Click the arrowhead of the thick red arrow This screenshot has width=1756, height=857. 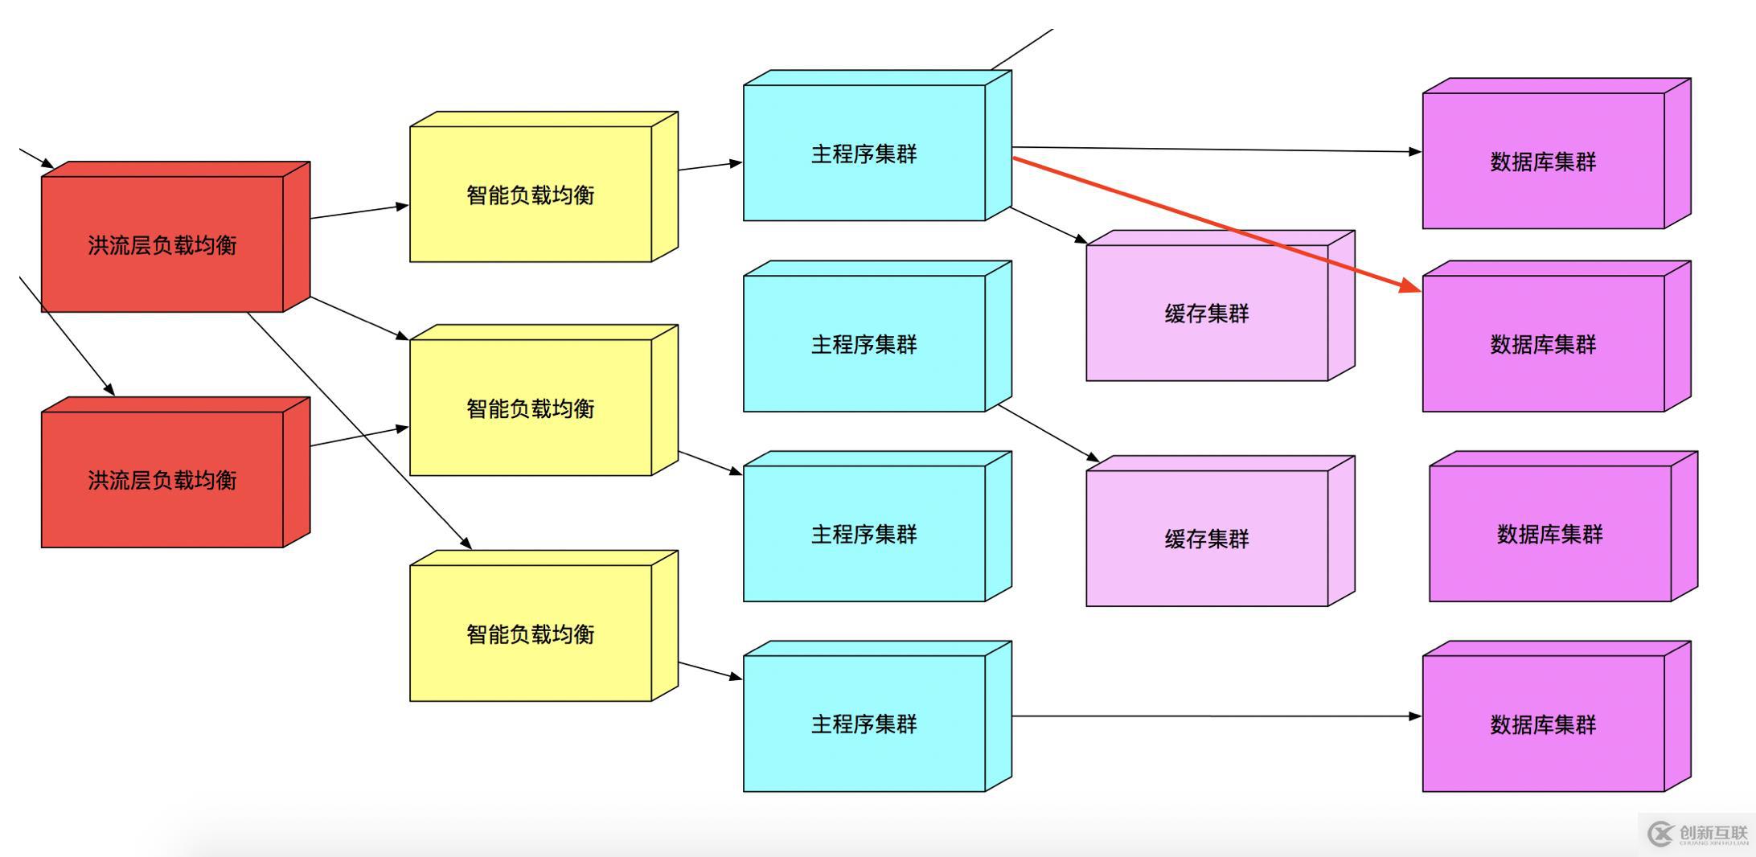pos(1412,287)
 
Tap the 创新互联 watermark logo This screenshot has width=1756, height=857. pos(1697,834)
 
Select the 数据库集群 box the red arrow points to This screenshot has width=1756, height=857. pos(1544,344)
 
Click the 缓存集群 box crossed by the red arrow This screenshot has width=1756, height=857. pos(1207,314)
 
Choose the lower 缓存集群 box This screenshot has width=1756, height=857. pos(1207,539)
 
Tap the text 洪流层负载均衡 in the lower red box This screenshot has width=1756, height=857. pos(162,480)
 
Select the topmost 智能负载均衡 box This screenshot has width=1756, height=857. pos(531,195)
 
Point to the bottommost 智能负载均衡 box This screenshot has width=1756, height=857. pos(531,634)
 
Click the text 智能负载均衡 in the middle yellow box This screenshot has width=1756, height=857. pos(531,408)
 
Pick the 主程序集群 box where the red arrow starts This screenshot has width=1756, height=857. pos(864,154)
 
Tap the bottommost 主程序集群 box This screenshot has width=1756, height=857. pos(864,724)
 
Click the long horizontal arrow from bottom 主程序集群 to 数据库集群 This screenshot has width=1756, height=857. pos(1214,716)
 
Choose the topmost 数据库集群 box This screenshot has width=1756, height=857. pos(1544,162)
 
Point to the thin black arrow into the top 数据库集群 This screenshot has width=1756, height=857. pos(1214,150)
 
